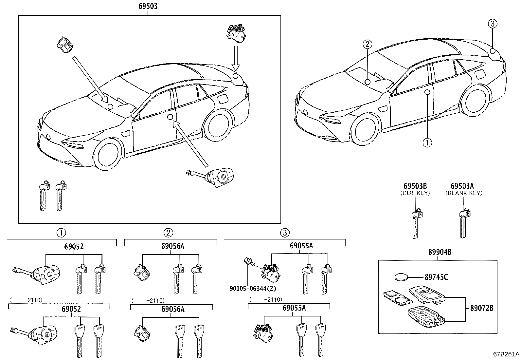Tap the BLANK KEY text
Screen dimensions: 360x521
pyautogui.click(x=464, y=193)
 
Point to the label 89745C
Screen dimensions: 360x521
pyautogui.click(x=436, y=277)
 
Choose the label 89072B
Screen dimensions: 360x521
pyautogui.click(x=481, y=308)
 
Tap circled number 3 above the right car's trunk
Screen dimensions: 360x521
pyautogui.click(x=493, y=24)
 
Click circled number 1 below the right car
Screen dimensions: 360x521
pyautogui.click(x=427, y=142)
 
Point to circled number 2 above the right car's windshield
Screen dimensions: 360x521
pyautogui.click(x=367, y=44)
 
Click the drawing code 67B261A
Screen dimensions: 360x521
pyautogui.click(x=506, y=354)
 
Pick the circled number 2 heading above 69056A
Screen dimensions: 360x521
pyautogui.click(x=168, y=233)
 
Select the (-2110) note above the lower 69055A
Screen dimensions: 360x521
pyautogui.click(x=266, y=300)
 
